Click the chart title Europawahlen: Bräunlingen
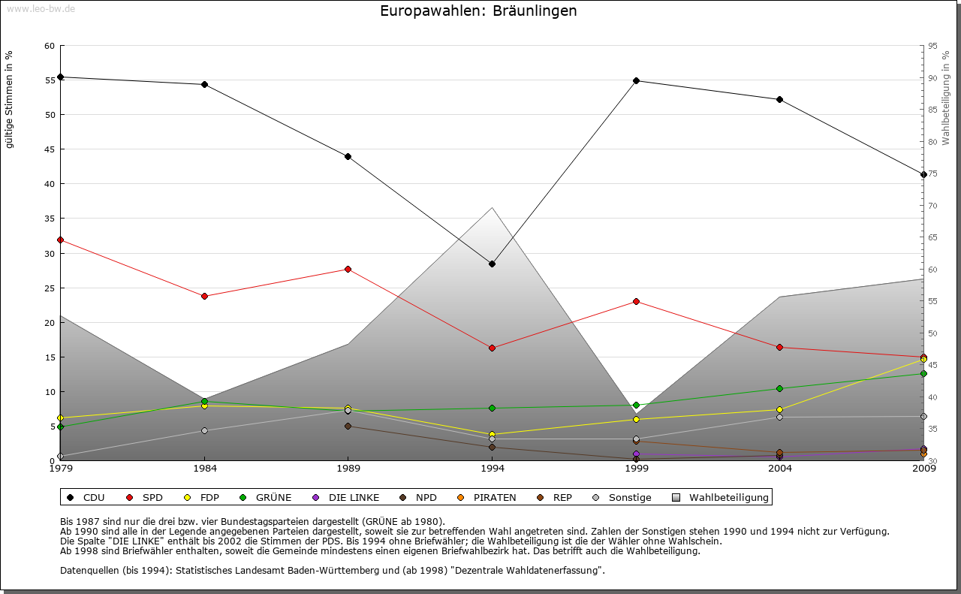coord(478,11)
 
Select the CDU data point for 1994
coord(493,264)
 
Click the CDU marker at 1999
coord(636,80)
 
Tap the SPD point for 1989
coord(348,269)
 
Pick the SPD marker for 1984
coord(204,296)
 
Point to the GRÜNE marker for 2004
coord(780,388)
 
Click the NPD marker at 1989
coord(348,426)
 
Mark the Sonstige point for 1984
coord(204,430)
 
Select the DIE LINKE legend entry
coord(354,497)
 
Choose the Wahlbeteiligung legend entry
coord(728,497)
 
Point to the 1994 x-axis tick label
coord(493,469)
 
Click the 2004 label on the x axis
coord(780,469)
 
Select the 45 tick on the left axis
coord(50,149)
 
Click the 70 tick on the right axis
coord(932,206)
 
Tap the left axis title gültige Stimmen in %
coord(10,99)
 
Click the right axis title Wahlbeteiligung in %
coord(946,98)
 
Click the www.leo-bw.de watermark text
coord(41,8)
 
